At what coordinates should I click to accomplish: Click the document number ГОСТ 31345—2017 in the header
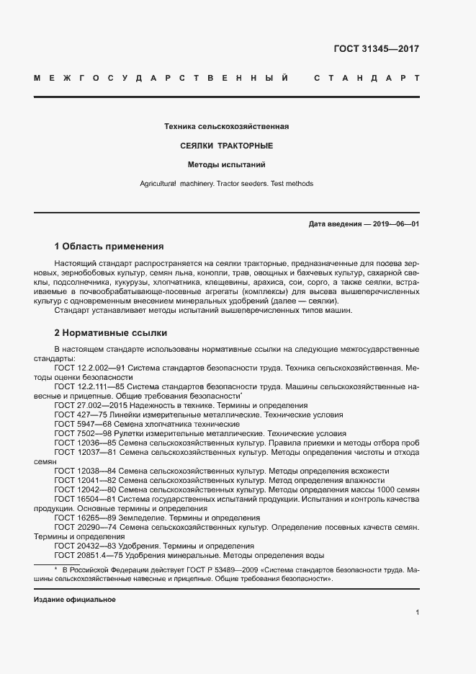(x=376, y=50)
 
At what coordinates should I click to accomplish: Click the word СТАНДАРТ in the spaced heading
(x=367, y=77)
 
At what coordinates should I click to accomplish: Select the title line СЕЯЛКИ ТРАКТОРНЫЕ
(x=226, y=146)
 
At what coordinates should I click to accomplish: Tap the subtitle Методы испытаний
(x=226, y=164)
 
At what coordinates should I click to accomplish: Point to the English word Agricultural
(x=158, y=184)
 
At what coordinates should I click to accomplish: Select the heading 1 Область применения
(x=109, y=246)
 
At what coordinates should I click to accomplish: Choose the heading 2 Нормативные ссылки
(x=110, y=333)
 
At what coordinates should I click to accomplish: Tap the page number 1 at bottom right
(x=417, y=612)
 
